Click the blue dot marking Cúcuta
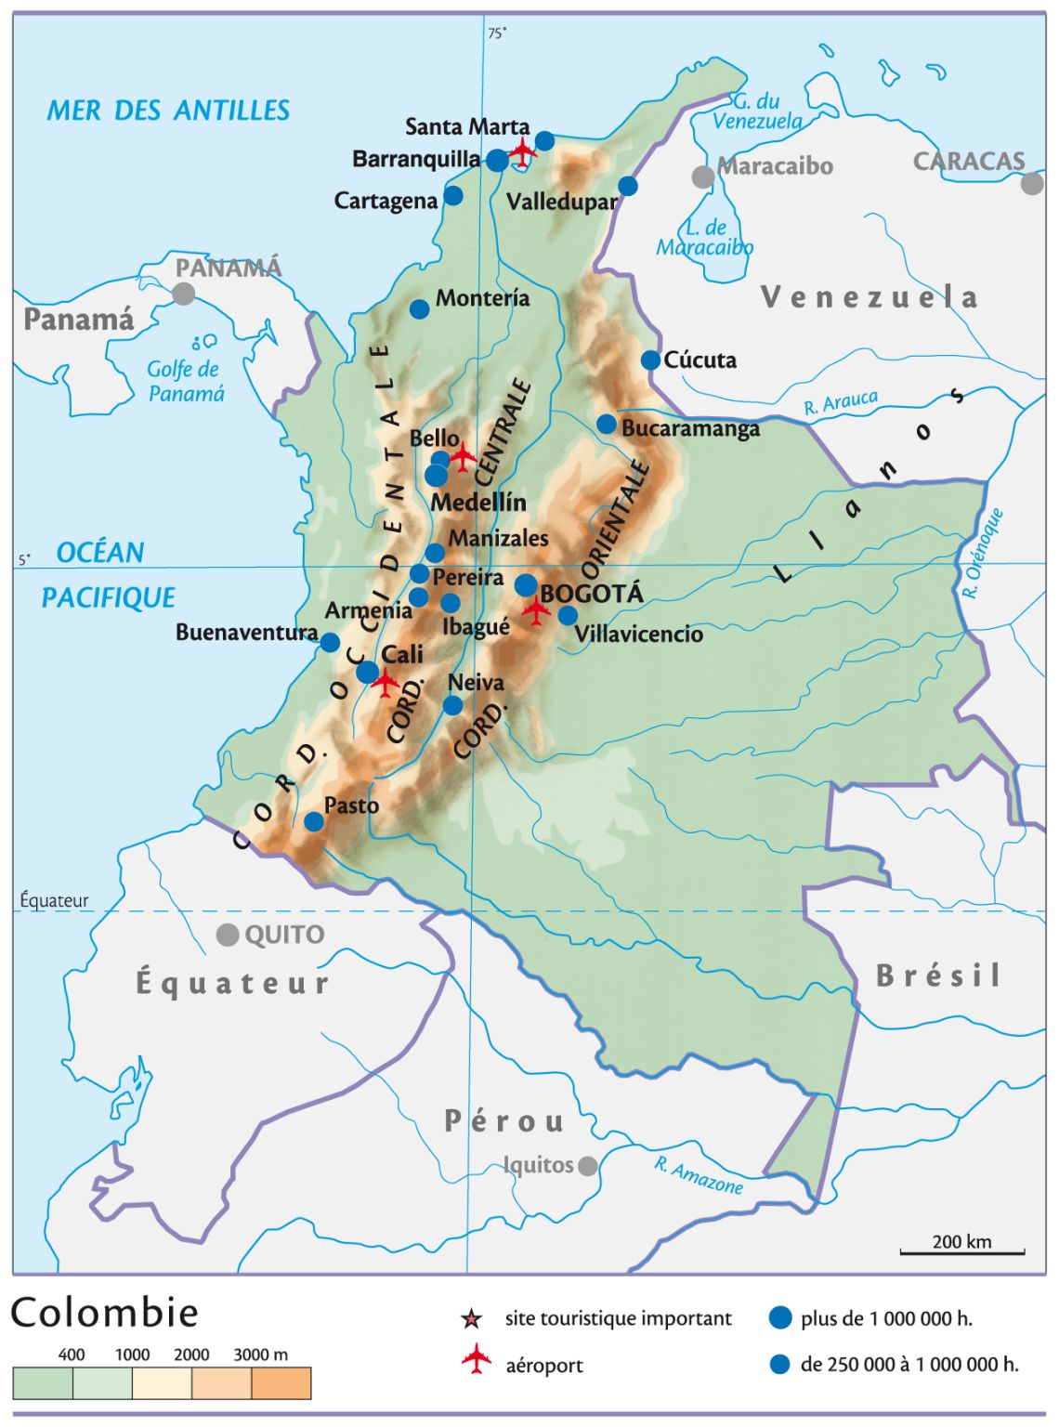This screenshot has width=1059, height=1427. pos(650,360)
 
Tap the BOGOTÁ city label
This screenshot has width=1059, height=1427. pos(592,594)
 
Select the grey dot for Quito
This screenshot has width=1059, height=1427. pos(228,935)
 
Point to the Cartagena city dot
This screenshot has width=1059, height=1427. pos(453,195)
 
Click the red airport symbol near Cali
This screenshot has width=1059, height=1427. pos(385,681)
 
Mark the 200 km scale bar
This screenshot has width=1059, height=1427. pos(961,1251)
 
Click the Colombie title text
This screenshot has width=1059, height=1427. pos(104,1313)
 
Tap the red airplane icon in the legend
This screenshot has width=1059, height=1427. pos(477,1359)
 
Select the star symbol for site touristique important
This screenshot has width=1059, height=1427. pos(472,1318)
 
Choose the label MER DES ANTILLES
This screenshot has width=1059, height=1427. pos(168,111)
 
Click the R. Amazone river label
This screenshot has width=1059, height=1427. pos(699,1176)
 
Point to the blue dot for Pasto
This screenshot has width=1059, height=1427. pos(314,821)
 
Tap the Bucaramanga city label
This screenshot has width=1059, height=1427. pos(690,428)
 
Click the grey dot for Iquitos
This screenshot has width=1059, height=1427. pos(588,1166)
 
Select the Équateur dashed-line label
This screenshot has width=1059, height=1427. pos(55,900)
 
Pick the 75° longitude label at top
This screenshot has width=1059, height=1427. pos(497,33)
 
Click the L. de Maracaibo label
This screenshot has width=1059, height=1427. pos(705,238)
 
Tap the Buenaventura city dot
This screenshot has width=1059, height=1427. pos(330,642)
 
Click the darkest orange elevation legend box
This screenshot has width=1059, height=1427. pos(281,1383)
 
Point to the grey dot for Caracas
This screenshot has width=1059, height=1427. pos(1032,184)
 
